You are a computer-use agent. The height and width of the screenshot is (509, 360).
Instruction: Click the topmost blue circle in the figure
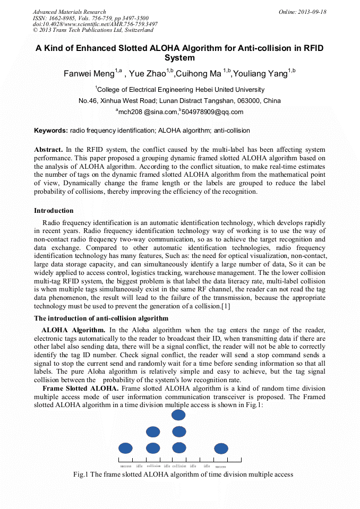179,415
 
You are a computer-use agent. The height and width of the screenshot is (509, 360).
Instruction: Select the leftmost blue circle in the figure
125,448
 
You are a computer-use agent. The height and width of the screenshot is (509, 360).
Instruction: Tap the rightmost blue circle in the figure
221,448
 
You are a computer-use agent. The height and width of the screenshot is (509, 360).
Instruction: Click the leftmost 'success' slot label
126,466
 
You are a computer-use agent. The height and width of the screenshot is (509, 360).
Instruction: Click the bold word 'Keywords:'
51,131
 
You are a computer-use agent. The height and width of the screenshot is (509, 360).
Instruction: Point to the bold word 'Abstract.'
49,150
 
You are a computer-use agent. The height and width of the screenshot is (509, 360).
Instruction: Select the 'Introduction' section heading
54,211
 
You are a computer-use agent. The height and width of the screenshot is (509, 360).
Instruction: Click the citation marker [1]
225,306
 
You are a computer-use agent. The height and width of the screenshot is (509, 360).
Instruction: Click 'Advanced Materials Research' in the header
69,12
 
